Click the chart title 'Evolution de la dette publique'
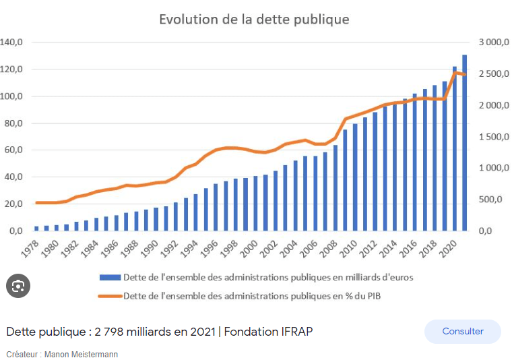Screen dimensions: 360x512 (254, 19)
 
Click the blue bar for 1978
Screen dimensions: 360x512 (36, 228)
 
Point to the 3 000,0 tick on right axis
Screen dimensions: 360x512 (494, 42)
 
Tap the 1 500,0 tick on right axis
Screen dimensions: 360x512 (494, 137)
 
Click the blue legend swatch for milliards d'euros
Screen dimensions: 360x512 (110, 277)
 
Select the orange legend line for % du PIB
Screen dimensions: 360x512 (110, 295)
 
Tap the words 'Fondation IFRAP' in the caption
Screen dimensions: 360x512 (268, 332)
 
